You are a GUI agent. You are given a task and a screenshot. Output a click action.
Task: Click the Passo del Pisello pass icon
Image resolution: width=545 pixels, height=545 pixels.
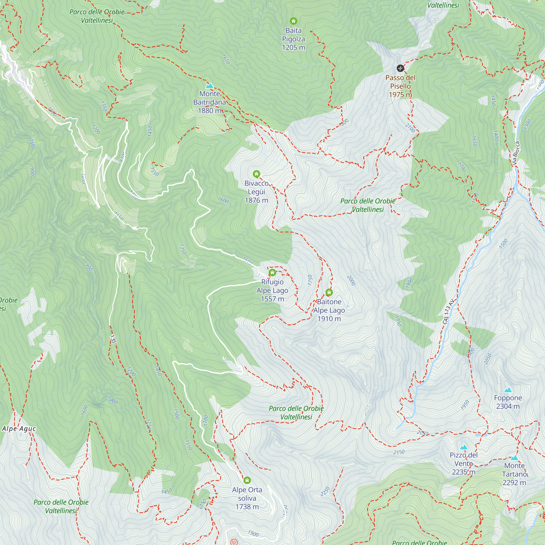pos(400,68)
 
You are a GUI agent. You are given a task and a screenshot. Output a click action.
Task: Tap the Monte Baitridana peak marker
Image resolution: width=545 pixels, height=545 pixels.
pos(209,86)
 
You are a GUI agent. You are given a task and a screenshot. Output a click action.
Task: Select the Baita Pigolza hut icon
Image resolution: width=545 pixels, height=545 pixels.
pos(293,21)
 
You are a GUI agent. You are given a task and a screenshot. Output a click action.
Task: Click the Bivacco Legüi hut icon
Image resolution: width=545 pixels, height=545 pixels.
pos(256,174)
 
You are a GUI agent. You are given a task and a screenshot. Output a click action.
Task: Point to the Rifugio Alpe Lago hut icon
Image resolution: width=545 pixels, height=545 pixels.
pos(272,272)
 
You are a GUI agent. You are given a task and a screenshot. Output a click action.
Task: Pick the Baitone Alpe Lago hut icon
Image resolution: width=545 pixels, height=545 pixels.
pos(329,292)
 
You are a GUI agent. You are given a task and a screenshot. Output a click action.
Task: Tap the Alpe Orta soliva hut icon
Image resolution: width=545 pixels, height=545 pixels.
pos(247,480)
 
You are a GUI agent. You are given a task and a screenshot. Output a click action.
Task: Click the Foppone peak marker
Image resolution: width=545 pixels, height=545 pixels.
pos(508,390)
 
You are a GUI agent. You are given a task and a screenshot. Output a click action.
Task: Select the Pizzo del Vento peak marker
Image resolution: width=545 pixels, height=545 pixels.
pos(464,447)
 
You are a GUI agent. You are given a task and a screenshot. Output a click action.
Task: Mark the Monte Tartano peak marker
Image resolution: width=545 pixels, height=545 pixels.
pos(514,458)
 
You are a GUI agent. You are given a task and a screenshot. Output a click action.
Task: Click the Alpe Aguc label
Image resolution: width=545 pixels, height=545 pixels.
pos(19,429)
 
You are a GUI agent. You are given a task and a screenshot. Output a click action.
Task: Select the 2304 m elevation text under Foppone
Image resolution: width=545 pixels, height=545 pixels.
pos(508,406)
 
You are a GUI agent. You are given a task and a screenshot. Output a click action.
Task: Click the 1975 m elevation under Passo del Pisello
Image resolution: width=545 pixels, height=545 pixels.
pos(400,95)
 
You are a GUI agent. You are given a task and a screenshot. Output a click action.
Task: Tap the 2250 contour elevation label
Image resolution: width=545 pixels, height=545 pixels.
pos(325,491)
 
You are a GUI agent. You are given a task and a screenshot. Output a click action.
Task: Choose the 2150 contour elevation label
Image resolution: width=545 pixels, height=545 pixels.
pos(399,452)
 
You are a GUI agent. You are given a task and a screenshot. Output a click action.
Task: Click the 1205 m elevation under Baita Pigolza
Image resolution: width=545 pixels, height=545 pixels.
pos(293,47)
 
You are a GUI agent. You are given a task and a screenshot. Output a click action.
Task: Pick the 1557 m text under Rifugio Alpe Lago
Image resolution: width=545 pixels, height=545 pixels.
pos(272,299)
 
